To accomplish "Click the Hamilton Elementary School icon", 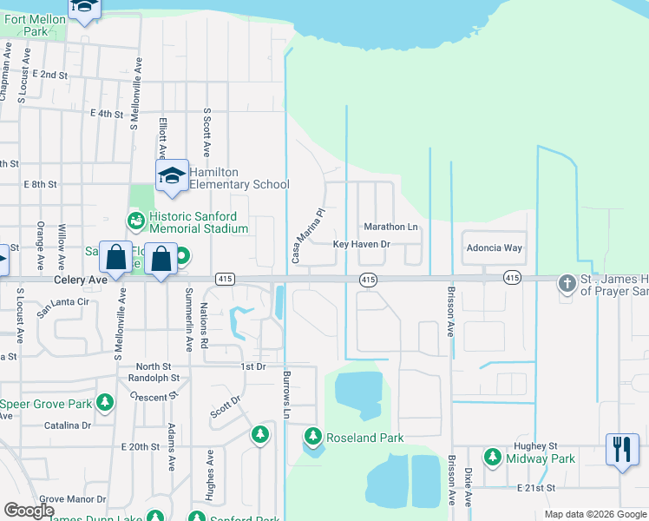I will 172,176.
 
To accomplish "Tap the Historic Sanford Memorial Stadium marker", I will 136,221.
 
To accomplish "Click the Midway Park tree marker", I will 493,457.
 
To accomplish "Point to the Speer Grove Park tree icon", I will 105,403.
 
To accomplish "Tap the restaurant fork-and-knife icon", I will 621,450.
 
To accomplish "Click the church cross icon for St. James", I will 567,283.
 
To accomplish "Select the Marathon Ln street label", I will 390,227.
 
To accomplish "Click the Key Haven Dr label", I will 363,245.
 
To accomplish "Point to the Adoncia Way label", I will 495,247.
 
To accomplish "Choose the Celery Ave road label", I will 78,280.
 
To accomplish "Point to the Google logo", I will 29,511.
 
